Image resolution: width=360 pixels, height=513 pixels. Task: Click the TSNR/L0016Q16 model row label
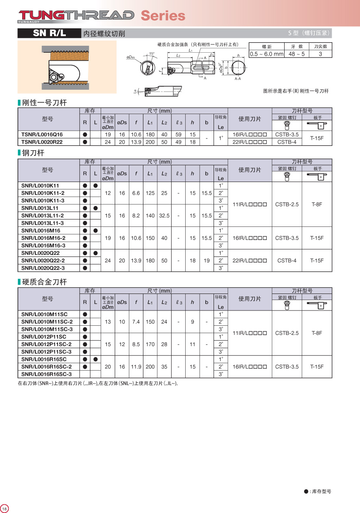(x=42, y=135)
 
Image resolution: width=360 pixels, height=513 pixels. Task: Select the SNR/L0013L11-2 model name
(x=43, y=216)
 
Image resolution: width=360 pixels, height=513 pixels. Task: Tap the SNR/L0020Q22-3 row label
(x=43, y=268)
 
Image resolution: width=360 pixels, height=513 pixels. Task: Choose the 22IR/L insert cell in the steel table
(x=250, y=260)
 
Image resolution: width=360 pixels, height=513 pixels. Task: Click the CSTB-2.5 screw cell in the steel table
(x=287, y=204)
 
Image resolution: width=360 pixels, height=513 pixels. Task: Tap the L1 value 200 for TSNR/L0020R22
(x=150, y=142)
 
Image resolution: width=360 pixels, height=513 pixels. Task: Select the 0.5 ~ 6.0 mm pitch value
(x=266, y=54)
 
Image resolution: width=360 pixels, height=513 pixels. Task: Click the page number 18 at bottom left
(x=5, y=509)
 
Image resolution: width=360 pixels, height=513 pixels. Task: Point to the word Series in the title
(x=163, y=16)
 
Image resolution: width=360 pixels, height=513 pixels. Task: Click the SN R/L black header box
(x=49, y=33)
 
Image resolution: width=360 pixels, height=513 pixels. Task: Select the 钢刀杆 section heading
(x=33, y=153)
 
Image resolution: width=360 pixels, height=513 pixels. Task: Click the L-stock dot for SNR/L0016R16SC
(x=95, y=359)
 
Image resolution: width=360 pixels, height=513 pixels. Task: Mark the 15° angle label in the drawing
(x=151, y=53)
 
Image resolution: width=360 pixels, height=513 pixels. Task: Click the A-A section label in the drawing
(x=238, y=79)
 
